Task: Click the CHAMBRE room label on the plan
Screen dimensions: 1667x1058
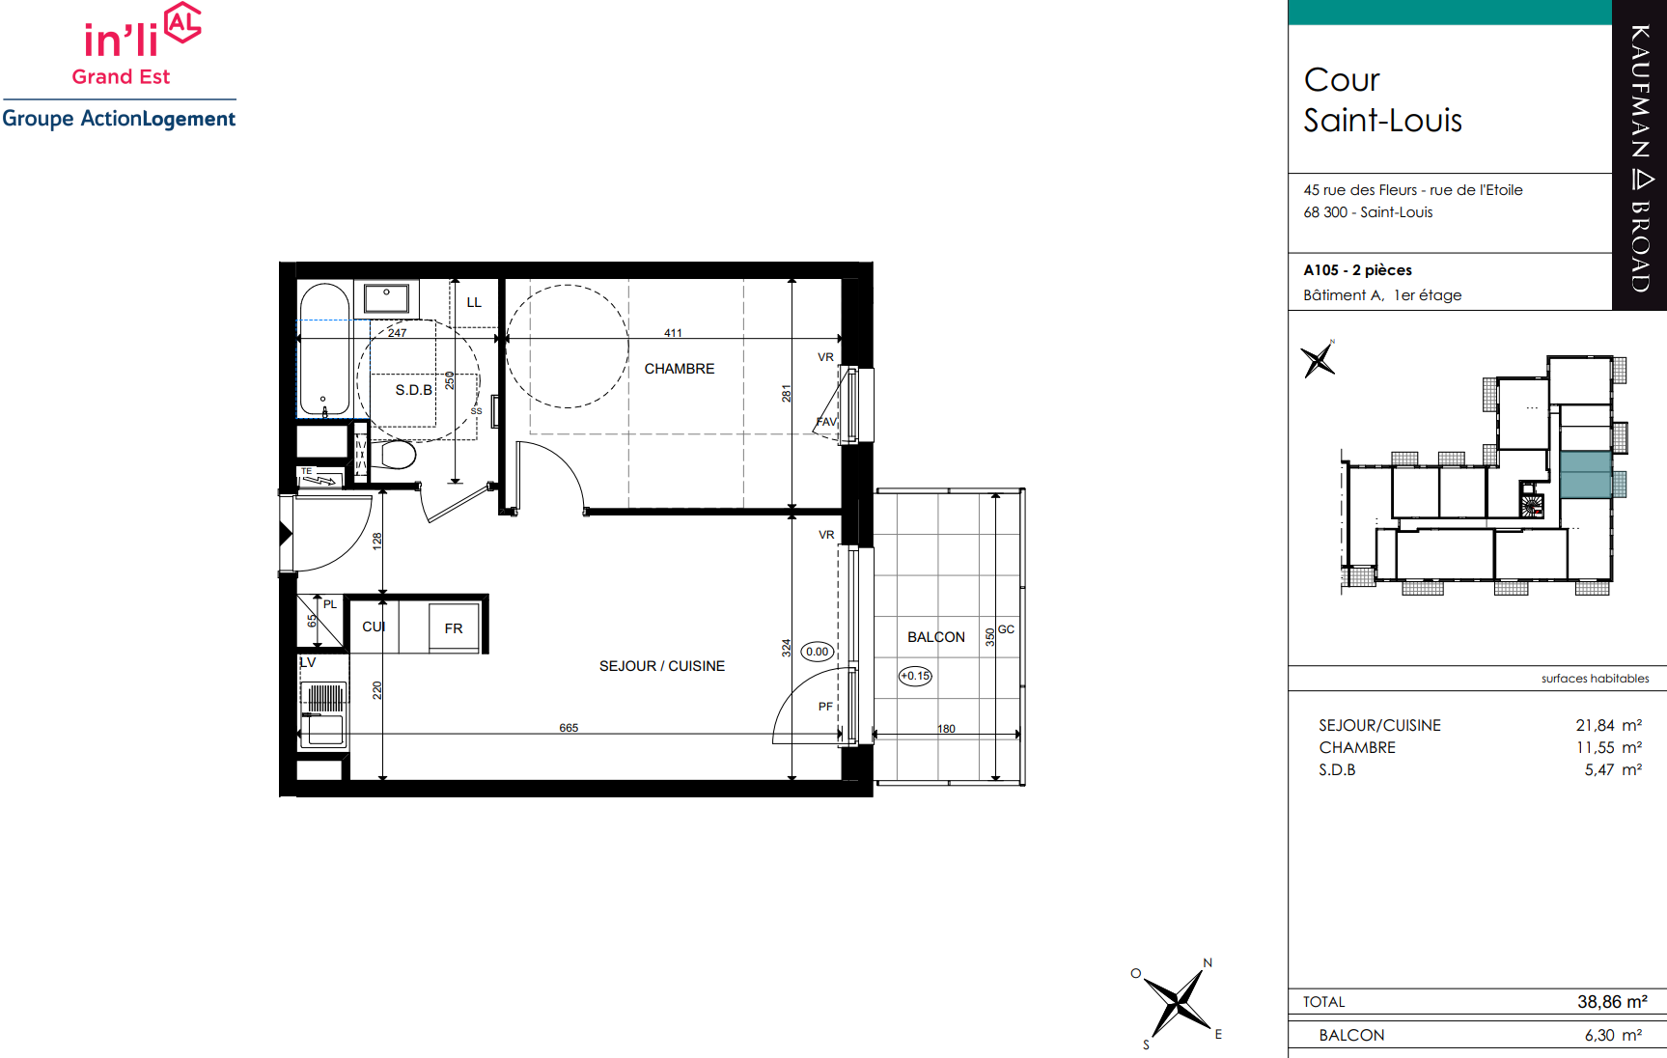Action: (680, 369)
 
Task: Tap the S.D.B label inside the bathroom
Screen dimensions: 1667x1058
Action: (413, 390)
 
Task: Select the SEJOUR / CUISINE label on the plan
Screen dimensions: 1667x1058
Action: (662, 666)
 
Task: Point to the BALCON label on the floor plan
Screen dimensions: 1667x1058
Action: (936, 637)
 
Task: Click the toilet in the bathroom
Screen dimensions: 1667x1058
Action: (397, 454)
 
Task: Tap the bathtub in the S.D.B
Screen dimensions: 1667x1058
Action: (324, 349)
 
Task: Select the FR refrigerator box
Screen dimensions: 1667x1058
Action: (454, 627)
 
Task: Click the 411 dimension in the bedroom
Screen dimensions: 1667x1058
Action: (673, 333)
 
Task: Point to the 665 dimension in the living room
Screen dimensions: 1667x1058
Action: (569, 728)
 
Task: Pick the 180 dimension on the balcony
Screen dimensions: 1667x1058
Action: (946, 729)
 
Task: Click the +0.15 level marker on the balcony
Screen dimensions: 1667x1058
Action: (915, 676)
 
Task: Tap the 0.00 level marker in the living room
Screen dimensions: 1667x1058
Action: (817, 652)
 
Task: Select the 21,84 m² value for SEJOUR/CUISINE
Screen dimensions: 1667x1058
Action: (1608, 725)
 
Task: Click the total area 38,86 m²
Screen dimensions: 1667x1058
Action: (1612, 1002)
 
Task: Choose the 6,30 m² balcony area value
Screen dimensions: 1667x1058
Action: (1613, 1035)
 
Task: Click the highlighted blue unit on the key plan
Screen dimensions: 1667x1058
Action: (1586, 475)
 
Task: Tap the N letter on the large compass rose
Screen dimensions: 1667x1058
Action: (1208, 962)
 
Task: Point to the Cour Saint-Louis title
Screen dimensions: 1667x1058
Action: (1382, 99)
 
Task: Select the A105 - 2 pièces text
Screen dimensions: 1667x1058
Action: (1357, 270)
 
